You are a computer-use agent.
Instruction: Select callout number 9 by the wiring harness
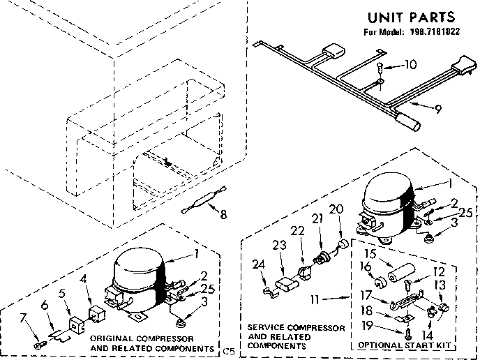[x=438, y=108]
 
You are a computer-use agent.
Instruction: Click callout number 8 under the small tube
[x=223, y=215]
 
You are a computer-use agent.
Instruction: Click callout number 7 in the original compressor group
[x=25, y=318]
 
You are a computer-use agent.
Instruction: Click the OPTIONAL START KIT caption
[x=404, y=345]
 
